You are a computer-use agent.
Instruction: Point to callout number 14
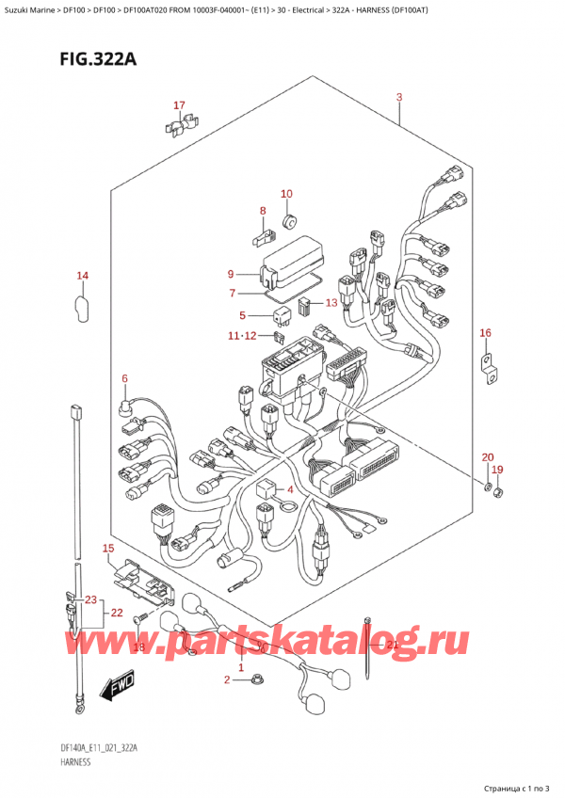coord(82,276)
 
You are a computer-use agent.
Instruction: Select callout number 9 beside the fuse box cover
coord(230,274)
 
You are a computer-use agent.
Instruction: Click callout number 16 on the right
coord(485,333)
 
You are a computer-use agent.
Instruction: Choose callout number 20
coord(487,457)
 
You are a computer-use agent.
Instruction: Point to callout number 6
coord(123,378)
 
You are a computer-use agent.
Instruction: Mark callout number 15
coord(108,548)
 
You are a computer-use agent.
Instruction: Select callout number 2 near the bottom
coord(226,679)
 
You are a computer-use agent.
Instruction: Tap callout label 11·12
coord(240,335)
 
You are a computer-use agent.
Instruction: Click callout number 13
coord(330,303)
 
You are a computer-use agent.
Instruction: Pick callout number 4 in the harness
coord(291,489)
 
